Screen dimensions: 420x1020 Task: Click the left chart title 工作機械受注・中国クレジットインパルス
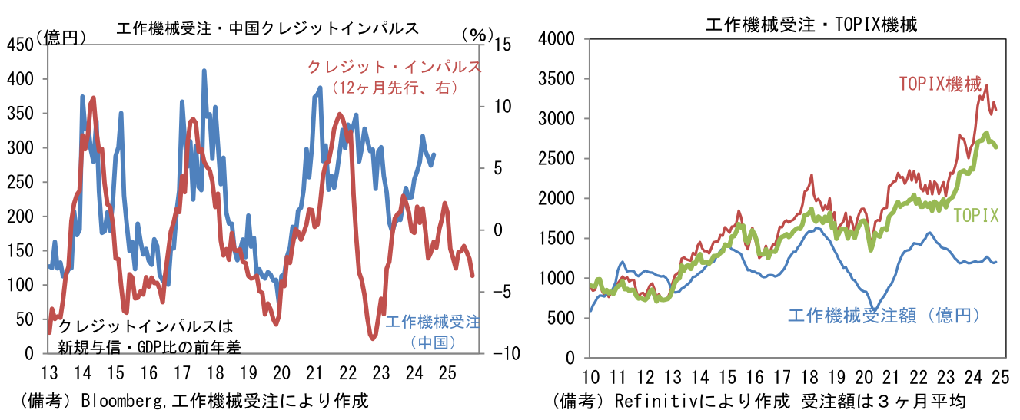click(x=267, y=28)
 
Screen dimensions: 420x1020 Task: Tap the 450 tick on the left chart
click(x=22, y=45)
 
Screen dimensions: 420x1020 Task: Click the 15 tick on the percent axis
click(x=495, y=45)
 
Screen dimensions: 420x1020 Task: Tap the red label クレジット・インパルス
click(x=394, y=67)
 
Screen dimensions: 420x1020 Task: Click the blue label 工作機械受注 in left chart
click(x=432, y=322)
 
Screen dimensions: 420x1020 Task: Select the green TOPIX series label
click(x=976, y=216)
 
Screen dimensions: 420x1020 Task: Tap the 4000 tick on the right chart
click(x=560, y=38)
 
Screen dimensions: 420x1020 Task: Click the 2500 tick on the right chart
click(x=560, y=159)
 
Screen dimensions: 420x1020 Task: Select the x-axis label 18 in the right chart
click(x=810, y=377)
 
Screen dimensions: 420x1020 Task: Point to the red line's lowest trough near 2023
click(x=373, y=337)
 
